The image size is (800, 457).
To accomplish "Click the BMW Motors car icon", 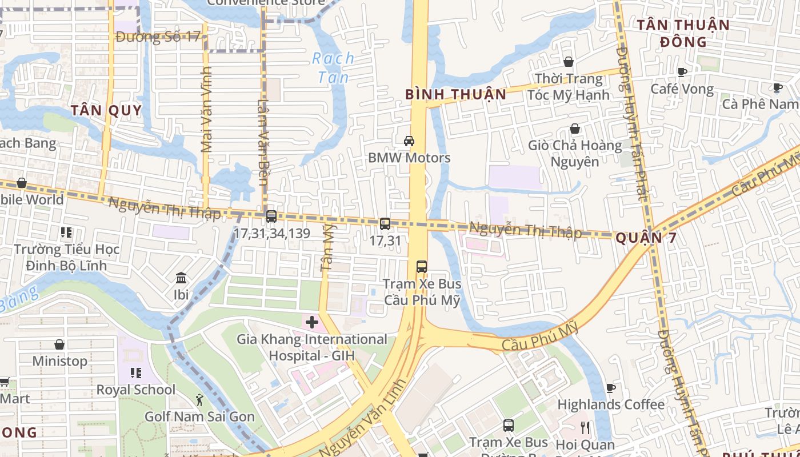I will [409, 141].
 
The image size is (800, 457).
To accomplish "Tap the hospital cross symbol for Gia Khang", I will [311, 322].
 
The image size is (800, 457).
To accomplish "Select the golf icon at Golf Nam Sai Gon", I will [199, 399].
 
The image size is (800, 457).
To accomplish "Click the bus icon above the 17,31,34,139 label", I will [271, 217].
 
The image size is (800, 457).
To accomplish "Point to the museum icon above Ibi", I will [181, 278].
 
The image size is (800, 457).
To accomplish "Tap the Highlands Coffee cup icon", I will [610, 388].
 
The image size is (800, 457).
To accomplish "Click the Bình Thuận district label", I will [456, 94].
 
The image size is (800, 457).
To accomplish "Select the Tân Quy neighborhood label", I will [106, 110].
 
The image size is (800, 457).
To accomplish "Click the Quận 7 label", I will [646, 238].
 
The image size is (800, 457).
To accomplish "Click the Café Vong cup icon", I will [682, 72].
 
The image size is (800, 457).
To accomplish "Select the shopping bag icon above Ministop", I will [59, 344].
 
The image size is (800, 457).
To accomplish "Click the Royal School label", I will [136, 390].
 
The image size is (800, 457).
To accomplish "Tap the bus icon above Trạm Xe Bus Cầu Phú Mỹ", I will [422, 267].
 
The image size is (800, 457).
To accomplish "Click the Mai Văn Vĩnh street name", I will [206, 110].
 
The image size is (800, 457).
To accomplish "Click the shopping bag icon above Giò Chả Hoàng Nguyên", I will [575, 129].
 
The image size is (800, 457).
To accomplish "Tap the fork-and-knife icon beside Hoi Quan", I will [585, 428].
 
